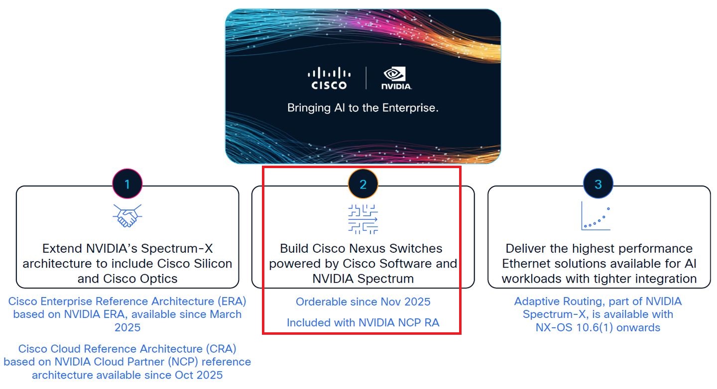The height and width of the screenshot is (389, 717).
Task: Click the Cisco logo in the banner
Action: point(329,79)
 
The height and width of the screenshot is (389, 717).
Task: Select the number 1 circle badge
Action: point(127,184)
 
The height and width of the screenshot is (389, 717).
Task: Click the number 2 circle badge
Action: point(363,184)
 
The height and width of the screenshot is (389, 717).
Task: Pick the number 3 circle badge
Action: point(598,184)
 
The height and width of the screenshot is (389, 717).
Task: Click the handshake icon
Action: point(127,216)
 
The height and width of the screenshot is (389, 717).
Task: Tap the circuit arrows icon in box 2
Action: point(363,218)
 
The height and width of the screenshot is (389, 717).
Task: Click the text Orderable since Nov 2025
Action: point(363,302)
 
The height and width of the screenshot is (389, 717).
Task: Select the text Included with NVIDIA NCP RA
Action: point(363,323)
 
